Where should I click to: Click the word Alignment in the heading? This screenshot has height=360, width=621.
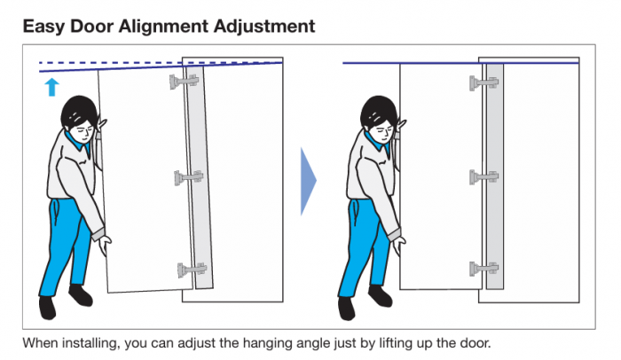(x=163, y=27)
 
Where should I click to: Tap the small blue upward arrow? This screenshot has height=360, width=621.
(x=51, y=87)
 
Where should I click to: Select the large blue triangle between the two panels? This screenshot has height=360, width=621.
(x=308, y=181)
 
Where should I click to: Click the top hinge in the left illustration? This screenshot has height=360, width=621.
(x=185, y=82)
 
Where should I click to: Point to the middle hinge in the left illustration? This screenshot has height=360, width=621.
(x=189, y=177)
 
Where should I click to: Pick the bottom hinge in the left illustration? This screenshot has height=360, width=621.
(x=193, y=270)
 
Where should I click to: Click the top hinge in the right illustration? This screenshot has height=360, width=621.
(x=484, y=83)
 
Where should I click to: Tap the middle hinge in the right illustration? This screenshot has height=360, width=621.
(x=484, y=177)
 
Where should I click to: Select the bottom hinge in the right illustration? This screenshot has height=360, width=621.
(x=484, y=269)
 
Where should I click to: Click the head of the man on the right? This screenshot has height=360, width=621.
(x=380, y=119)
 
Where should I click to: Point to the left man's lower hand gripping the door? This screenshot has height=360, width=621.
(x=106, y=245)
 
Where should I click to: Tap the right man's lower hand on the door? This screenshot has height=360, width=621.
(x=399, y=245)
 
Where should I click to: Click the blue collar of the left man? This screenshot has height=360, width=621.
(x=78, y=144)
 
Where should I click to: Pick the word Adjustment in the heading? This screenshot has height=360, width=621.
(x=264, y=27)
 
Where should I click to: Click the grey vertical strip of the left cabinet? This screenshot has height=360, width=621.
(x=199, y=176)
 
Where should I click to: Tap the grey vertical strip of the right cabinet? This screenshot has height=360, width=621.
(x=495, y=176)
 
